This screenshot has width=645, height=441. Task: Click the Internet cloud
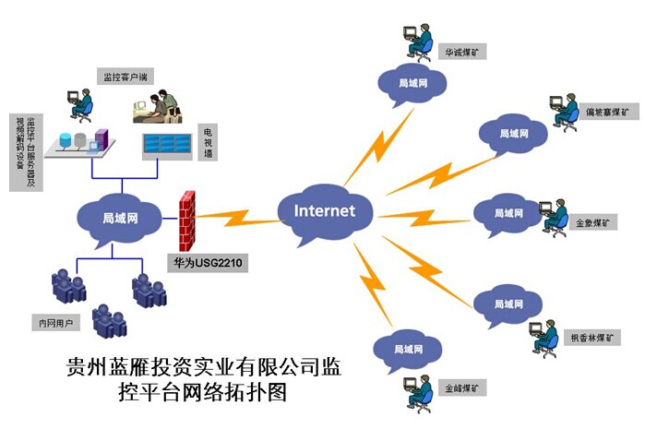[x=324, y=210]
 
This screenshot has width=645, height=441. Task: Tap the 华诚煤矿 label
[x=462, y=52]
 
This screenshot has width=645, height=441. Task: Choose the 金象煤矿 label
[x=594, y=222]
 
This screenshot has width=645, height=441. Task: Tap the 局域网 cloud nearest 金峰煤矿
[x=402, y=350]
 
